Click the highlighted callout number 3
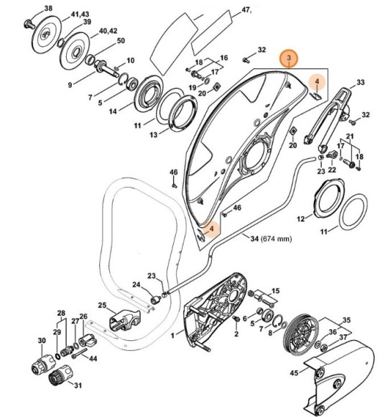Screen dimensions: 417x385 288,57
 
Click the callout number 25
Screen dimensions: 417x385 102,306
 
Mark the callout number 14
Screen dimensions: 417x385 113,112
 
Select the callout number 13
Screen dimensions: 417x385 154,134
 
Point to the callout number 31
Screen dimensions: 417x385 78,385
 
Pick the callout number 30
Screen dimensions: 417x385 41,340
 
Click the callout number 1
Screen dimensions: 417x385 172,336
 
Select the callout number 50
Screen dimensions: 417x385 120,40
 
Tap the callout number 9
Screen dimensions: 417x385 71,85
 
